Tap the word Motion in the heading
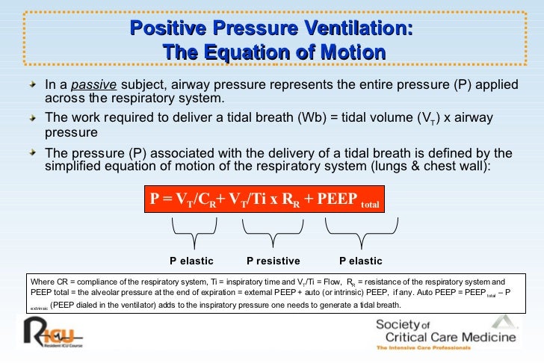coord(350,53)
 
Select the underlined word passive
coord(99,85)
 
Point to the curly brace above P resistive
coord(273,232)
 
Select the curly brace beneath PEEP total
coord(360,232)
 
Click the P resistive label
coord(273,261)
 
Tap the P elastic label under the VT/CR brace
coord(191,261)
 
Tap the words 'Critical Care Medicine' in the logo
coord(445,337)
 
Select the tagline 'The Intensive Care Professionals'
coord(424,349)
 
